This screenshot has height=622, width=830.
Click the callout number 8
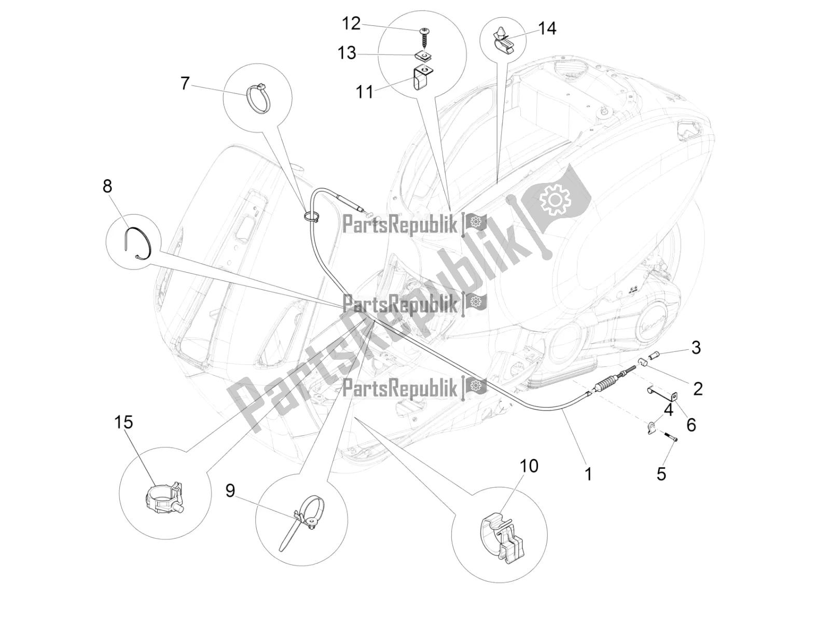coord(107,186)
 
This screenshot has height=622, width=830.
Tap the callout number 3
coord(696,347)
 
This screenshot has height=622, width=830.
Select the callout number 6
coord(691,425)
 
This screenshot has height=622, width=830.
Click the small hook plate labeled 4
coord(651,427)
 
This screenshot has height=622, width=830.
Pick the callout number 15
coord(123,422)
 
